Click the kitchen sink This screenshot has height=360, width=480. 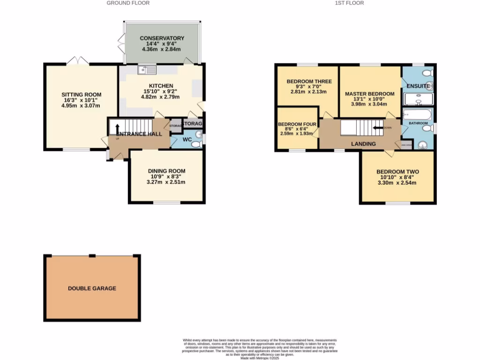(147, 71)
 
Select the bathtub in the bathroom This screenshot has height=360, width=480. (417, 115)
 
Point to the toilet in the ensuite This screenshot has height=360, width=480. (427, 73)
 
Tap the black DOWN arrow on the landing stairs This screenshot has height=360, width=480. (378, 127)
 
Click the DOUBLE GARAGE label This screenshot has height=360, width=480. (92, 288)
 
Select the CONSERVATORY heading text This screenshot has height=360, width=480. (162, 38)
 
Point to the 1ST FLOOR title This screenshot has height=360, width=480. (349, 3)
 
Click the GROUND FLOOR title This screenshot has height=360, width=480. (128, 3)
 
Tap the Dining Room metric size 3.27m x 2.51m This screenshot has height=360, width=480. (166, 182)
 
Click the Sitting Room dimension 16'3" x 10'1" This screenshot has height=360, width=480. (82, 100)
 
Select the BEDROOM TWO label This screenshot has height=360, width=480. (397, 172)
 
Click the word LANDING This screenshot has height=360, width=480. (363, 144)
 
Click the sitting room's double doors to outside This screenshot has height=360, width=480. (77, 60)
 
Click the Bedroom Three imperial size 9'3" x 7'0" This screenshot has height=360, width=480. (309, 87)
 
